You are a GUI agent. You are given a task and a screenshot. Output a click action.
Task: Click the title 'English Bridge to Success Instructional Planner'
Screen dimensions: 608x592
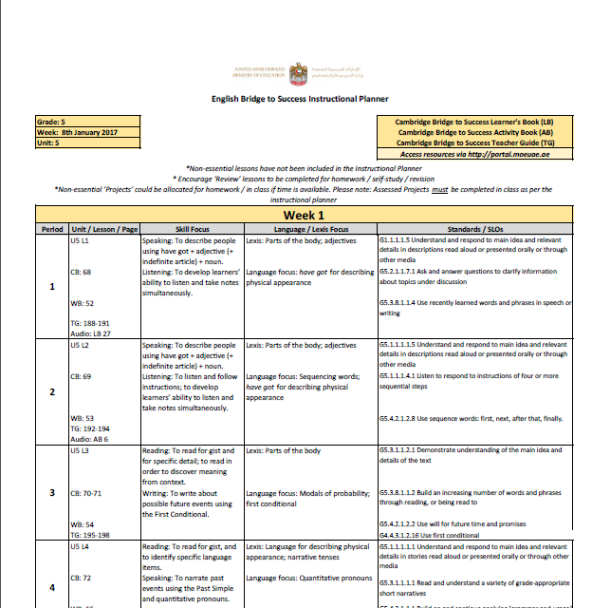[x=299, y=98]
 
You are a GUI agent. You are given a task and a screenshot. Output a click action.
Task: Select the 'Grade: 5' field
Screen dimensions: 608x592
[x=51, y=123]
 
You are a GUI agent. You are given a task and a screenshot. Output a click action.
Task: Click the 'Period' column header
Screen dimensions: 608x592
[x=51, y=229]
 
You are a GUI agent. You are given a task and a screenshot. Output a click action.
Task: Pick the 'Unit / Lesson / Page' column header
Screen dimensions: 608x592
[x=104, y=229]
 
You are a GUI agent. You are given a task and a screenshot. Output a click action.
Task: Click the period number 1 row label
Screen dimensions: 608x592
[x=51, y=286]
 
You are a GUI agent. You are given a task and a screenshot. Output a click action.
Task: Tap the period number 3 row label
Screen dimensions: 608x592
[x=51, y=493]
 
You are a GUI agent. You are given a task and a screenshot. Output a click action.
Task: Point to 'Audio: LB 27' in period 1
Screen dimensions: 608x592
[x=91, y=333]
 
